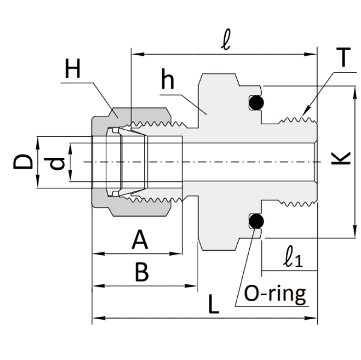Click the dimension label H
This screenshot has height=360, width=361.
click(x=73, y=68)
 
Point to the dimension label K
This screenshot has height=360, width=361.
click(x=341, y=158)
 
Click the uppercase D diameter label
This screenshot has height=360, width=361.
click(x=23, y=162)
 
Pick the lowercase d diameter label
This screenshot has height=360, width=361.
click(x=56, y=163)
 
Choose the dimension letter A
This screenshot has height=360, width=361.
click(x=140, y=240)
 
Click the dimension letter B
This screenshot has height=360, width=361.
click(x=142, y=272)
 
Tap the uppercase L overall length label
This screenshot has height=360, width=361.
click(x=213, y=304)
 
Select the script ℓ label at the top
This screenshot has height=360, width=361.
click(x=226, y=40)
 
